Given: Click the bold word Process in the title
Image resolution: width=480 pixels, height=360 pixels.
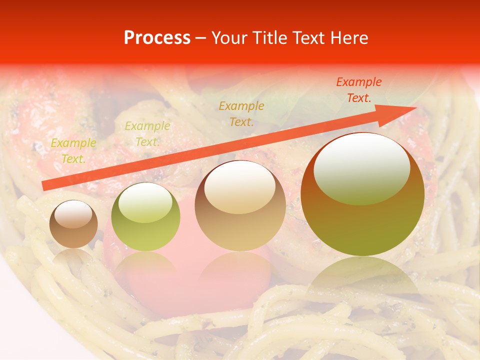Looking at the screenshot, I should pyautogui.click(x=157, y=38).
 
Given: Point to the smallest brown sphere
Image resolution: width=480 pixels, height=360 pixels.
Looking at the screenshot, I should pyautogui.click(x=73, y=224).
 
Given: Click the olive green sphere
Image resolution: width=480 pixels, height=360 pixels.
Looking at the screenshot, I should pyautogui.click(x=145, y=216).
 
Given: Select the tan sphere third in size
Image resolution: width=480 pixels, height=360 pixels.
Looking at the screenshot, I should pyautogui.click(x=240, y=205).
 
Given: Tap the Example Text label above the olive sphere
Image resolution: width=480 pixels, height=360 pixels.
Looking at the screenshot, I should pyautogui.click(x=147, y=134).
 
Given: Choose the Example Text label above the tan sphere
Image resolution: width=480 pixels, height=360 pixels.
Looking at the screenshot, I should pyautogui.click(x=241, y=113).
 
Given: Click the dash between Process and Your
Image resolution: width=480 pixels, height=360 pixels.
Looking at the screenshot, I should pyautogui.click(x=201, y=38).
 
